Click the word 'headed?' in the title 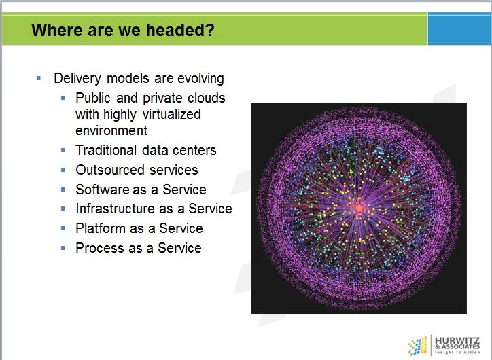[180, 30]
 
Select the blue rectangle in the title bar [459, 29]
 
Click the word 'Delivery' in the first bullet [77, 78]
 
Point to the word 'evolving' [201, 78]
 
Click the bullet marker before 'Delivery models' [39, 78]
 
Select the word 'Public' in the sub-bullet [93, 98]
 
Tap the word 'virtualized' [172, 114]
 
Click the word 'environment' [111, 130]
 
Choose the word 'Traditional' [107, 150]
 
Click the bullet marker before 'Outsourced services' [63, 170]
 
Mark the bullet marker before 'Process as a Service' [63, 248]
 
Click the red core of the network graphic [359, 208]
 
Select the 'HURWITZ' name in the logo [457, 340]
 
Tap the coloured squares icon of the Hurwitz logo [417, 346]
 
